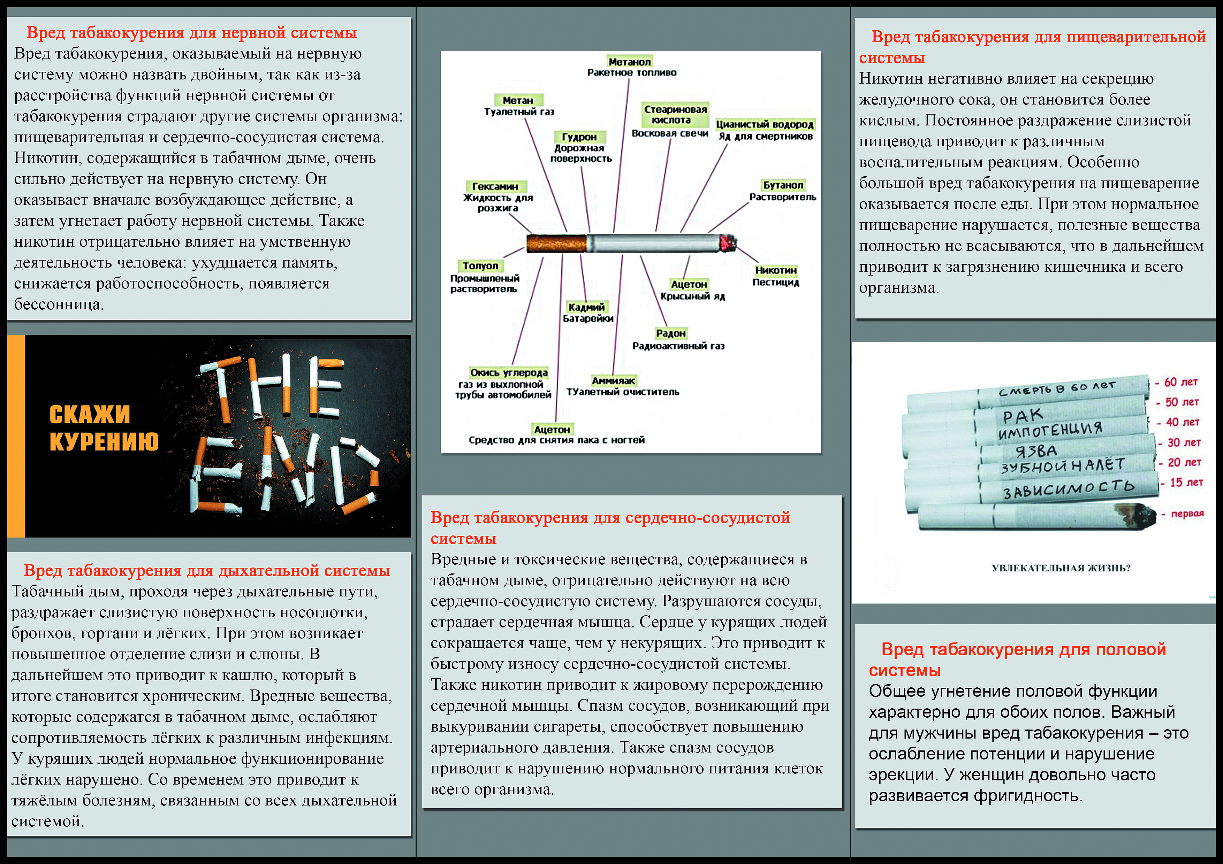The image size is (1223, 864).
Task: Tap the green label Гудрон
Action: coord(579,137)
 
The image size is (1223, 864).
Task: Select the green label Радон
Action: coord(671,333)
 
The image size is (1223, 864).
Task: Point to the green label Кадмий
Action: coord(586,307)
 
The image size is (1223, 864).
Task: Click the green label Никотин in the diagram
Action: coord(776,270)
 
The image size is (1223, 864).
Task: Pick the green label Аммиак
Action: coord(613,381)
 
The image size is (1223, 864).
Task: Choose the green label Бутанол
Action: coord(782,185)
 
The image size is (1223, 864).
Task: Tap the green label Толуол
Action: coord(480,265)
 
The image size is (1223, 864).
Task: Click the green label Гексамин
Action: coord(495,186)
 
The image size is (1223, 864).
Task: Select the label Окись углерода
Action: coord(509,373)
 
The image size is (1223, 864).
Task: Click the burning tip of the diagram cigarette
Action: coord(728,243)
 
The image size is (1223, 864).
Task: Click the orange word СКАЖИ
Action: coord(90,415)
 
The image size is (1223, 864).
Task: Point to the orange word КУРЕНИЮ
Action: coord(104,441)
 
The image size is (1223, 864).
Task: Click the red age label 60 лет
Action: coord(1180,382)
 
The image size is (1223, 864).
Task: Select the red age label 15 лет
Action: coord(1186,482)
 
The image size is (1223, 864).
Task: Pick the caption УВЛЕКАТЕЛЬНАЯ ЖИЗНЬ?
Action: coord(1061,568)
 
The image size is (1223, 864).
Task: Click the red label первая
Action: coord(1187,514)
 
